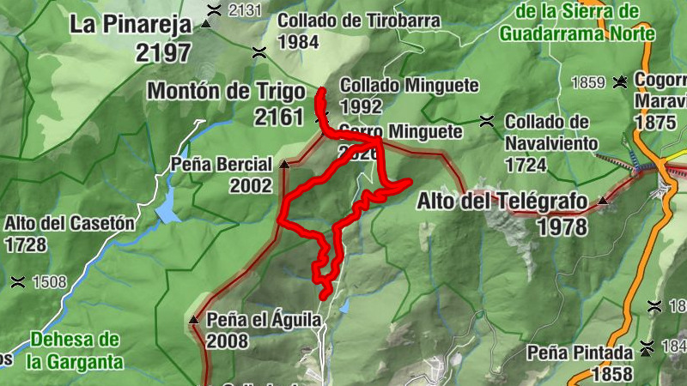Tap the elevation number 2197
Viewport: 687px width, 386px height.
coord(163,52)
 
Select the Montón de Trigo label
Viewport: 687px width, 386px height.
coord(227,91)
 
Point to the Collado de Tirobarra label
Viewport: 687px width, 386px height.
coord(360,20)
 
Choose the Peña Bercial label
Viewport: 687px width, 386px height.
coord(222,163)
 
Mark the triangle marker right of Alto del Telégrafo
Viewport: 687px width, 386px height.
coord(603,202)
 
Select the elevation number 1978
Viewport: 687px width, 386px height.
coord(563,226)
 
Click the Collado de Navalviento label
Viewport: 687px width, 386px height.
coord(547,121)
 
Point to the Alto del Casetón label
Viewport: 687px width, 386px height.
coord(69,223)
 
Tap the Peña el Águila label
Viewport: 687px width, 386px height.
coord(264,320)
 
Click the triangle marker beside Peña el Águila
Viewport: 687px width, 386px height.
coord(193,320)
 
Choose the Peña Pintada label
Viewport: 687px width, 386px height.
coord(580,353)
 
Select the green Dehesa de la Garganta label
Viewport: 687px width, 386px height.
coord(73,350)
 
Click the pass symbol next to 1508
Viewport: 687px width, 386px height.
coord(17,281)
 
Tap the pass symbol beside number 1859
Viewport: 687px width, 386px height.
coord(618,82)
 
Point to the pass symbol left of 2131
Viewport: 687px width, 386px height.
coord(214,9)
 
